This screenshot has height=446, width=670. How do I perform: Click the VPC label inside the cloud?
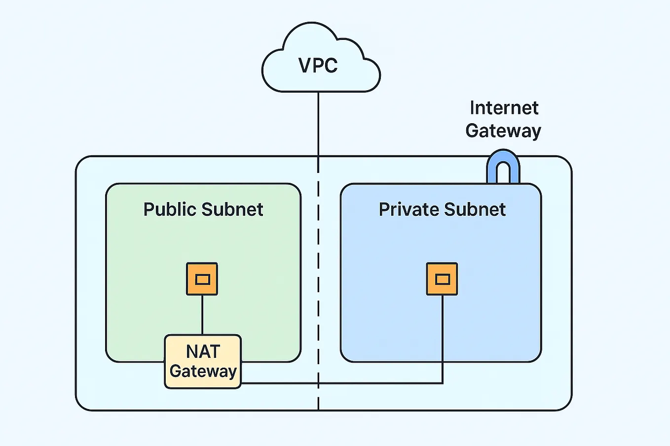318,66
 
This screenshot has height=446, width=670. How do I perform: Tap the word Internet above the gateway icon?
504,108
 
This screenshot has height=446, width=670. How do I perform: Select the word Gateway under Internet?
503,131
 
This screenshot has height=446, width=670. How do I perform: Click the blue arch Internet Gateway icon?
503,168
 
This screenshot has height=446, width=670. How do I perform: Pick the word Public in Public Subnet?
170,209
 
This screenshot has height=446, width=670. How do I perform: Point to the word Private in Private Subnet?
408,209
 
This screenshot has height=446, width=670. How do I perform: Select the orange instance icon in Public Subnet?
202,279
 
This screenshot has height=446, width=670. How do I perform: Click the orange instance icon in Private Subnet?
442,279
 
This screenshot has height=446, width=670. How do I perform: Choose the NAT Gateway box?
203,362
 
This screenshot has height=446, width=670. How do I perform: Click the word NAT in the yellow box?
203,352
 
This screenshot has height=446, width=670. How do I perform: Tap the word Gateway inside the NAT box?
203,372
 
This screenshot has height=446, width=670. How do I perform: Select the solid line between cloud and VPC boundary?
318,123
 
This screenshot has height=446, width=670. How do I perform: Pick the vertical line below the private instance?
443,340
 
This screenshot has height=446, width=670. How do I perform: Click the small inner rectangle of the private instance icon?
443,279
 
